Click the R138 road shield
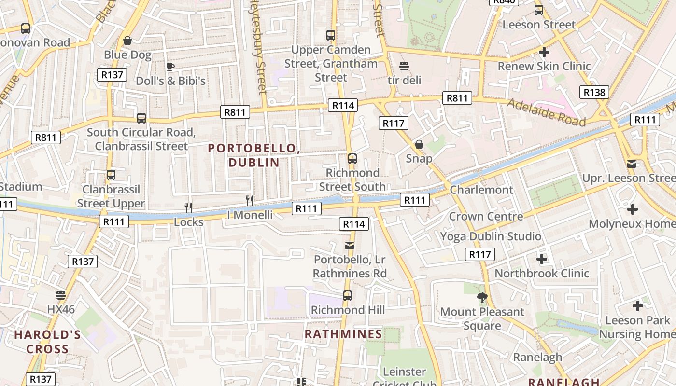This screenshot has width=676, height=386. pos(594,92)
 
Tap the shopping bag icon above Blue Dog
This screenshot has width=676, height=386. pos(127,41)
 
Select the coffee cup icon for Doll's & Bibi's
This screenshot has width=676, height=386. pos(170,67)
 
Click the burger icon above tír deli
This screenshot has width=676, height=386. pos(404,66)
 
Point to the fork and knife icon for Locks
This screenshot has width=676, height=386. pos(188,207)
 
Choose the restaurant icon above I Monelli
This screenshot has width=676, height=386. pos(250,200)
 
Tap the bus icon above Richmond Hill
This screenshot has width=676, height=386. pos(347,296)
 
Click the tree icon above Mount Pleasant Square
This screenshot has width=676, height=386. pos(482,298)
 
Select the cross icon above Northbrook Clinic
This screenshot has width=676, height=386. pos(542,259)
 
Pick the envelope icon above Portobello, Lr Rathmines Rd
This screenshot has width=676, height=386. pos(350,246)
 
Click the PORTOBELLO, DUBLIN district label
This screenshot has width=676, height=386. pos(254,155)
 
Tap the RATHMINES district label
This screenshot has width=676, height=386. pos(343,334)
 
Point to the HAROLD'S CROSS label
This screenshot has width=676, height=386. pos(47,342)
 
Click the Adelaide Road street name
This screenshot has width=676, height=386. pos(546,111)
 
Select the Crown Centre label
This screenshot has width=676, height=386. pos(486,216)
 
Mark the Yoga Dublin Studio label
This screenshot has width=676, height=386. pos(491,236)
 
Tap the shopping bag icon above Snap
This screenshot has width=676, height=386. pos(419,144)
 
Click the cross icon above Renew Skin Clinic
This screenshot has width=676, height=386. pos(544,52)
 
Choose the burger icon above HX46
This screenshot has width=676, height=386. pos(61,295)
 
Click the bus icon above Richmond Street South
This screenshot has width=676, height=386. pos(352,159)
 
